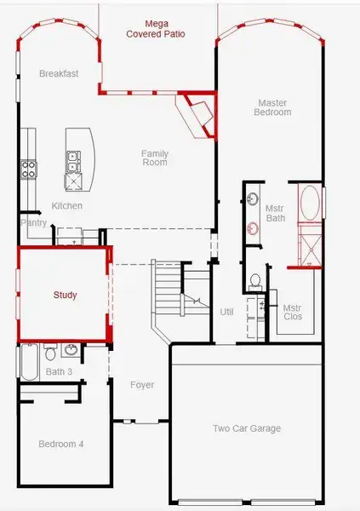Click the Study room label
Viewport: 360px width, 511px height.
(65, 296)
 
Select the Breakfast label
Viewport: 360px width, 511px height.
(59, 74)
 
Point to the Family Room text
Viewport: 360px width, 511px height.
(155, 158)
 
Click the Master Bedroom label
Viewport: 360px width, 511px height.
(274, 107)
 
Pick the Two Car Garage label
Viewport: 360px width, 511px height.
(247, 428)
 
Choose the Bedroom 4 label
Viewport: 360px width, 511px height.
(60, 444)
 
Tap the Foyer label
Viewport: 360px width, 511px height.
(142, 385)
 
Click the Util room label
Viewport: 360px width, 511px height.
(226, 312)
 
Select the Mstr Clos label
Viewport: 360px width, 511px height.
(292, 313)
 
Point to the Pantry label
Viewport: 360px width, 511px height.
(33, 222)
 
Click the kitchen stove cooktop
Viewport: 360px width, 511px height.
(29, 169)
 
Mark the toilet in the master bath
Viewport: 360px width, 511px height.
(254, 279)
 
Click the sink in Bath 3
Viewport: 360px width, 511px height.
(70, 350)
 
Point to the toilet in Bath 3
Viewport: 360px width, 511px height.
(50, 352)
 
